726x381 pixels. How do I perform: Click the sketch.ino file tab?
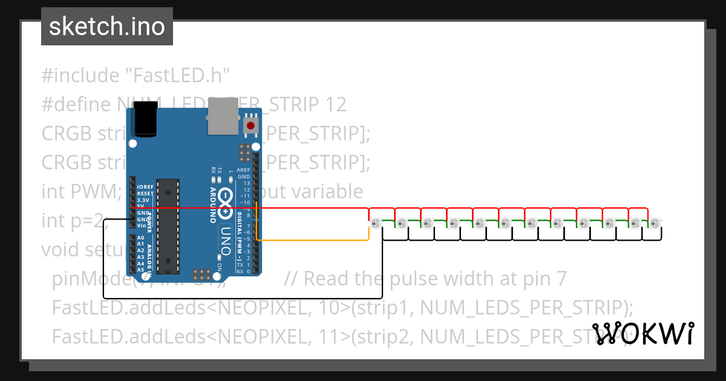click(106, 27)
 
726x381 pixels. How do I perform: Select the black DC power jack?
click(145, 119)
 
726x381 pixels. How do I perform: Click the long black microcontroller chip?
click(168, 225)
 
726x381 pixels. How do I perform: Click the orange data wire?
click(315, 240)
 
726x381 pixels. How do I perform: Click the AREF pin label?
click(244, 171)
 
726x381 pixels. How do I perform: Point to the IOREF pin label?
click(145, 187)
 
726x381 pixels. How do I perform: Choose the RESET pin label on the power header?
click(145, 194)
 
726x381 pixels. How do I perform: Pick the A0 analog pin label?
click(140, 238)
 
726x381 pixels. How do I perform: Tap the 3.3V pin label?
click(142, 200)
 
